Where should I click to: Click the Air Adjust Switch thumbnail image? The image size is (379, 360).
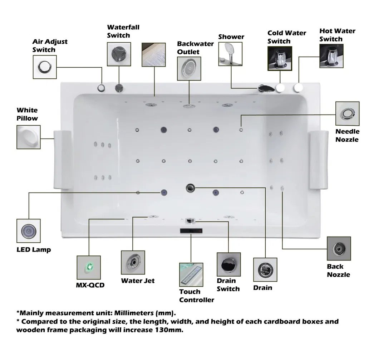45,67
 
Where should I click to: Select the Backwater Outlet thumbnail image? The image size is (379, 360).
189,68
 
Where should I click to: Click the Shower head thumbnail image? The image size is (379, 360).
230,54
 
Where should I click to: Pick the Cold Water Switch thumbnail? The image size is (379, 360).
280,58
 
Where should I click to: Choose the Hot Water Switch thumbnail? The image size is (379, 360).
331,56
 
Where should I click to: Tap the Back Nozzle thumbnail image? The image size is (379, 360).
339,248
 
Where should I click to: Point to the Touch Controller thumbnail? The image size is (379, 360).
191,274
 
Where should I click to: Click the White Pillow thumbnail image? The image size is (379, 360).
29,137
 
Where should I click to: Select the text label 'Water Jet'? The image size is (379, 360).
138,281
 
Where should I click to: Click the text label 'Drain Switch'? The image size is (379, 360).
228,284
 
